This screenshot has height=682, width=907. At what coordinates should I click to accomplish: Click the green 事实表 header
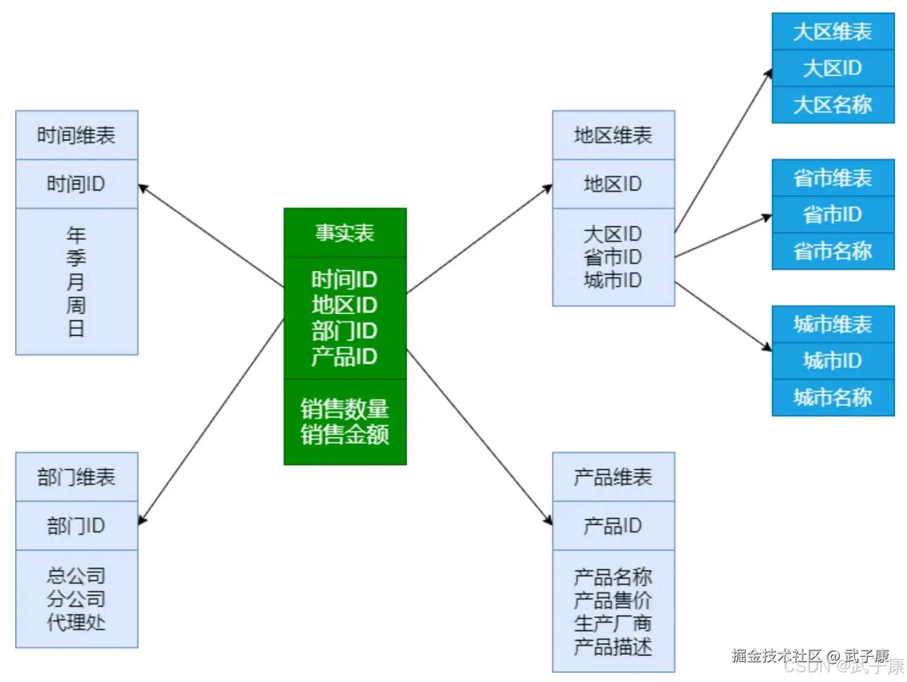[x=345, y=233]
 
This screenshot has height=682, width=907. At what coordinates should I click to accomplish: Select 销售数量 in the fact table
[x=345, y=409]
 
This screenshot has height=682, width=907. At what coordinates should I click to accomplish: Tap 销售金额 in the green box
[x=345, y=435]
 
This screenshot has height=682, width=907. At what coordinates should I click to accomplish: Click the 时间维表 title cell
[x=76, y=135]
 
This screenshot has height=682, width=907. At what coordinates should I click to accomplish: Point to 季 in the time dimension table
[x=76, y=258]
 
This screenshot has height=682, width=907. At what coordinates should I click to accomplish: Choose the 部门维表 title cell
[x=76, y=477]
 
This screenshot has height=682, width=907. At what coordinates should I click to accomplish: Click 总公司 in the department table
[x=76, y=576]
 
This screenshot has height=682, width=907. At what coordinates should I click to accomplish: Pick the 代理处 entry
[x=76, y=622]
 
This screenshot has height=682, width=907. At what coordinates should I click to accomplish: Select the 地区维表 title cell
[x=613, y=135]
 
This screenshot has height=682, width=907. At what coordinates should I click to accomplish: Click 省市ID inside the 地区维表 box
[x=613, y=257]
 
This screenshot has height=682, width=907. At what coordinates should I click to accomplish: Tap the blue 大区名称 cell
[x=833, y=105]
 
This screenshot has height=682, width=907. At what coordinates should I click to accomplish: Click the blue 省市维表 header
[x=833, y=178]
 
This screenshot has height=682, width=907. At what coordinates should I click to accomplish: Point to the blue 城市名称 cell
[x=833, y=398]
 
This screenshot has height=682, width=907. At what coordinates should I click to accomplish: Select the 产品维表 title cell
[x=613, y=477]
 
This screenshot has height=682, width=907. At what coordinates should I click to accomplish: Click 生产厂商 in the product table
[x=613, y=623]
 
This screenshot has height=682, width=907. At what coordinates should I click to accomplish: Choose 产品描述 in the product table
[x=613, y=647]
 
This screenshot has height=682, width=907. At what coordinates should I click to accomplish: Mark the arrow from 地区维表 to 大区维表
[x=723, y=151]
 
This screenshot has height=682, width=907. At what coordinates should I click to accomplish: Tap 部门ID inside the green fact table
[x=345, y=331]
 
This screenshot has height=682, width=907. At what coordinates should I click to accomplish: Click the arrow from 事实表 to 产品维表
[x=480, y=437]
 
